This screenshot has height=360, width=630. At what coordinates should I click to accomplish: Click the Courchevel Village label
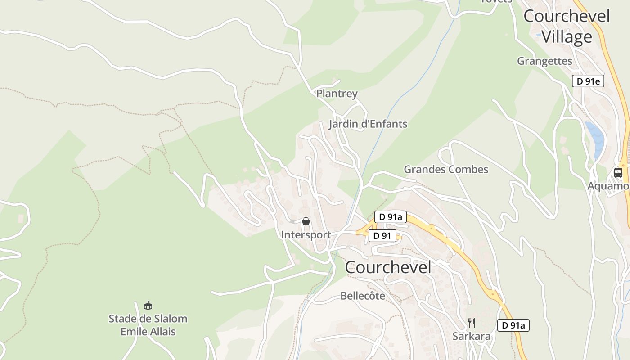point(567,27)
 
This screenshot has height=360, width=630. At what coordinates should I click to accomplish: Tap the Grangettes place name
point(544,61)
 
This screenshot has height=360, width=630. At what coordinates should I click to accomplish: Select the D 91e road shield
point(588,81)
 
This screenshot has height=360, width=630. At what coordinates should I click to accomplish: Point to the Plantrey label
point(337,94)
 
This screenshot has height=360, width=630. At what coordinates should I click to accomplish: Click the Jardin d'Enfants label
point(368,124)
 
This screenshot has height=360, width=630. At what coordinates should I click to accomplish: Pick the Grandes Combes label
point(445,169)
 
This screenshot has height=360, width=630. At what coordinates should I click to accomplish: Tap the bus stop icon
point(618,172)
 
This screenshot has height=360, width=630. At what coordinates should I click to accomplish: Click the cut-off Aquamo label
point(608,185)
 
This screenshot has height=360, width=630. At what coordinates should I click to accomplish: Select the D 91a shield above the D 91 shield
point(390,217)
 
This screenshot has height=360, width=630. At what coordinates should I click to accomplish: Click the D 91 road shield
point(382,236)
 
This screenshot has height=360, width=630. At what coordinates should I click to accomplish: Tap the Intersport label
point(306,234)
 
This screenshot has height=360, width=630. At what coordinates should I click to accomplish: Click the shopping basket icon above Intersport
point(306,221)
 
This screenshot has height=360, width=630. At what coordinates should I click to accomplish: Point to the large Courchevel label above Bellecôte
point(388,267)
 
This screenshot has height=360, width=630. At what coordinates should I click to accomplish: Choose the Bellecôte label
point(363,296)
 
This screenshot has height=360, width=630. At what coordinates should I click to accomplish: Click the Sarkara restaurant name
point(471,336)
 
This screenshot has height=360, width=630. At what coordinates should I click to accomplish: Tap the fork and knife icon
point(471,323)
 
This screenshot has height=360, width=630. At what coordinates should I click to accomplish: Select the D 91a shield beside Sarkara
point(513,325)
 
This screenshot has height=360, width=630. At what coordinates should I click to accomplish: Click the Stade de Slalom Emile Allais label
point(148,325)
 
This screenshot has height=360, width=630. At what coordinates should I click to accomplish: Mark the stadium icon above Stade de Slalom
point(148,306)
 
